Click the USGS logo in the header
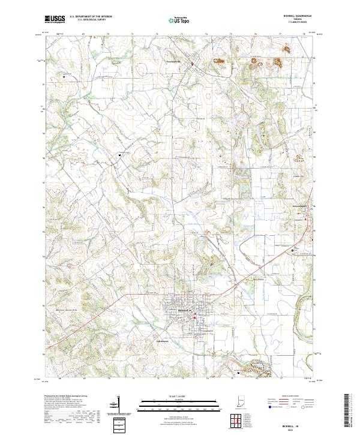point(55,19)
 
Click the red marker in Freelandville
point(192,64)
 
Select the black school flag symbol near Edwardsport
point(293,250)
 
